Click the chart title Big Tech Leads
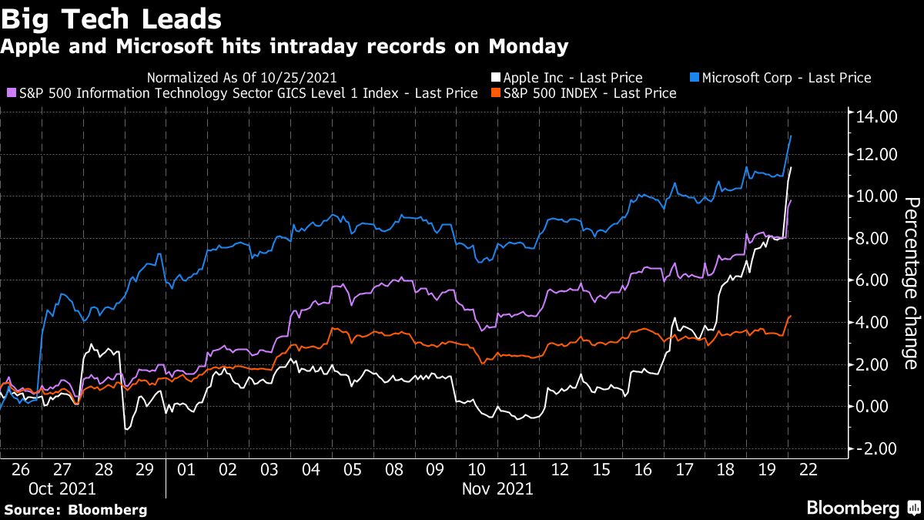[x=112, y=18]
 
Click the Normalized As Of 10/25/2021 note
[x=242, y=78]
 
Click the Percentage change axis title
[x=910, y=283]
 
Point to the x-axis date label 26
[x=20, y=468]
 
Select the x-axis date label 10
[x=477, y=468]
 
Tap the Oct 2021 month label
[x=63, y=488]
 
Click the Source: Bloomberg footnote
[x=75, y=509]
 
